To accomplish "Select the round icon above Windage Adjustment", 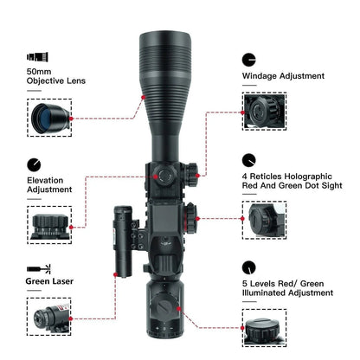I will [x=249, y=59].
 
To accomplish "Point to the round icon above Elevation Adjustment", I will [x=34, y=164].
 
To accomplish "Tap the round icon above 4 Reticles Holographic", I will [x=249, y=159].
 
